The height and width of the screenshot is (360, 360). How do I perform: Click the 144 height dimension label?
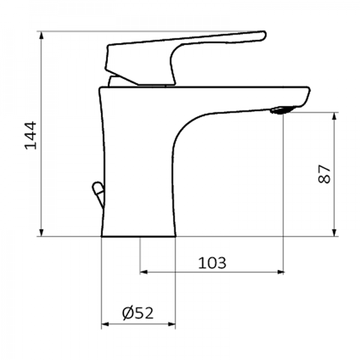[x=31, y=136]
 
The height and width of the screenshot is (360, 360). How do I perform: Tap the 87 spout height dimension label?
[x=324, y=174]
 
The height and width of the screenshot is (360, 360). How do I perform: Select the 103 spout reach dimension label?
[x=212, y=262]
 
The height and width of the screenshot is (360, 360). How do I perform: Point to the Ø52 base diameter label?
[x=137, y=313]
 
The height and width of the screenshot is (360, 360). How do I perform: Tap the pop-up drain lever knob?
[x=97, y=191]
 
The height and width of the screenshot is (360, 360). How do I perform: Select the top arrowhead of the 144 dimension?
[x=41, y=35]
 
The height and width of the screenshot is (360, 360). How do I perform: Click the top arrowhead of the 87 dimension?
[x=334, y=116]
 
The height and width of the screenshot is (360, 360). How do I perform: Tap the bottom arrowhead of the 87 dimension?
[x=334, y=232]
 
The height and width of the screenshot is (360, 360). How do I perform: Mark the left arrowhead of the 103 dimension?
[x=144, y=272]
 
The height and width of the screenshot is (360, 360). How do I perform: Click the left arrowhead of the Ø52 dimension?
[x=105, y=326]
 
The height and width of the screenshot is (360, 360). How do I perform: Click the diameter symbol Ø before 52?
[x=127, y=313]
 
